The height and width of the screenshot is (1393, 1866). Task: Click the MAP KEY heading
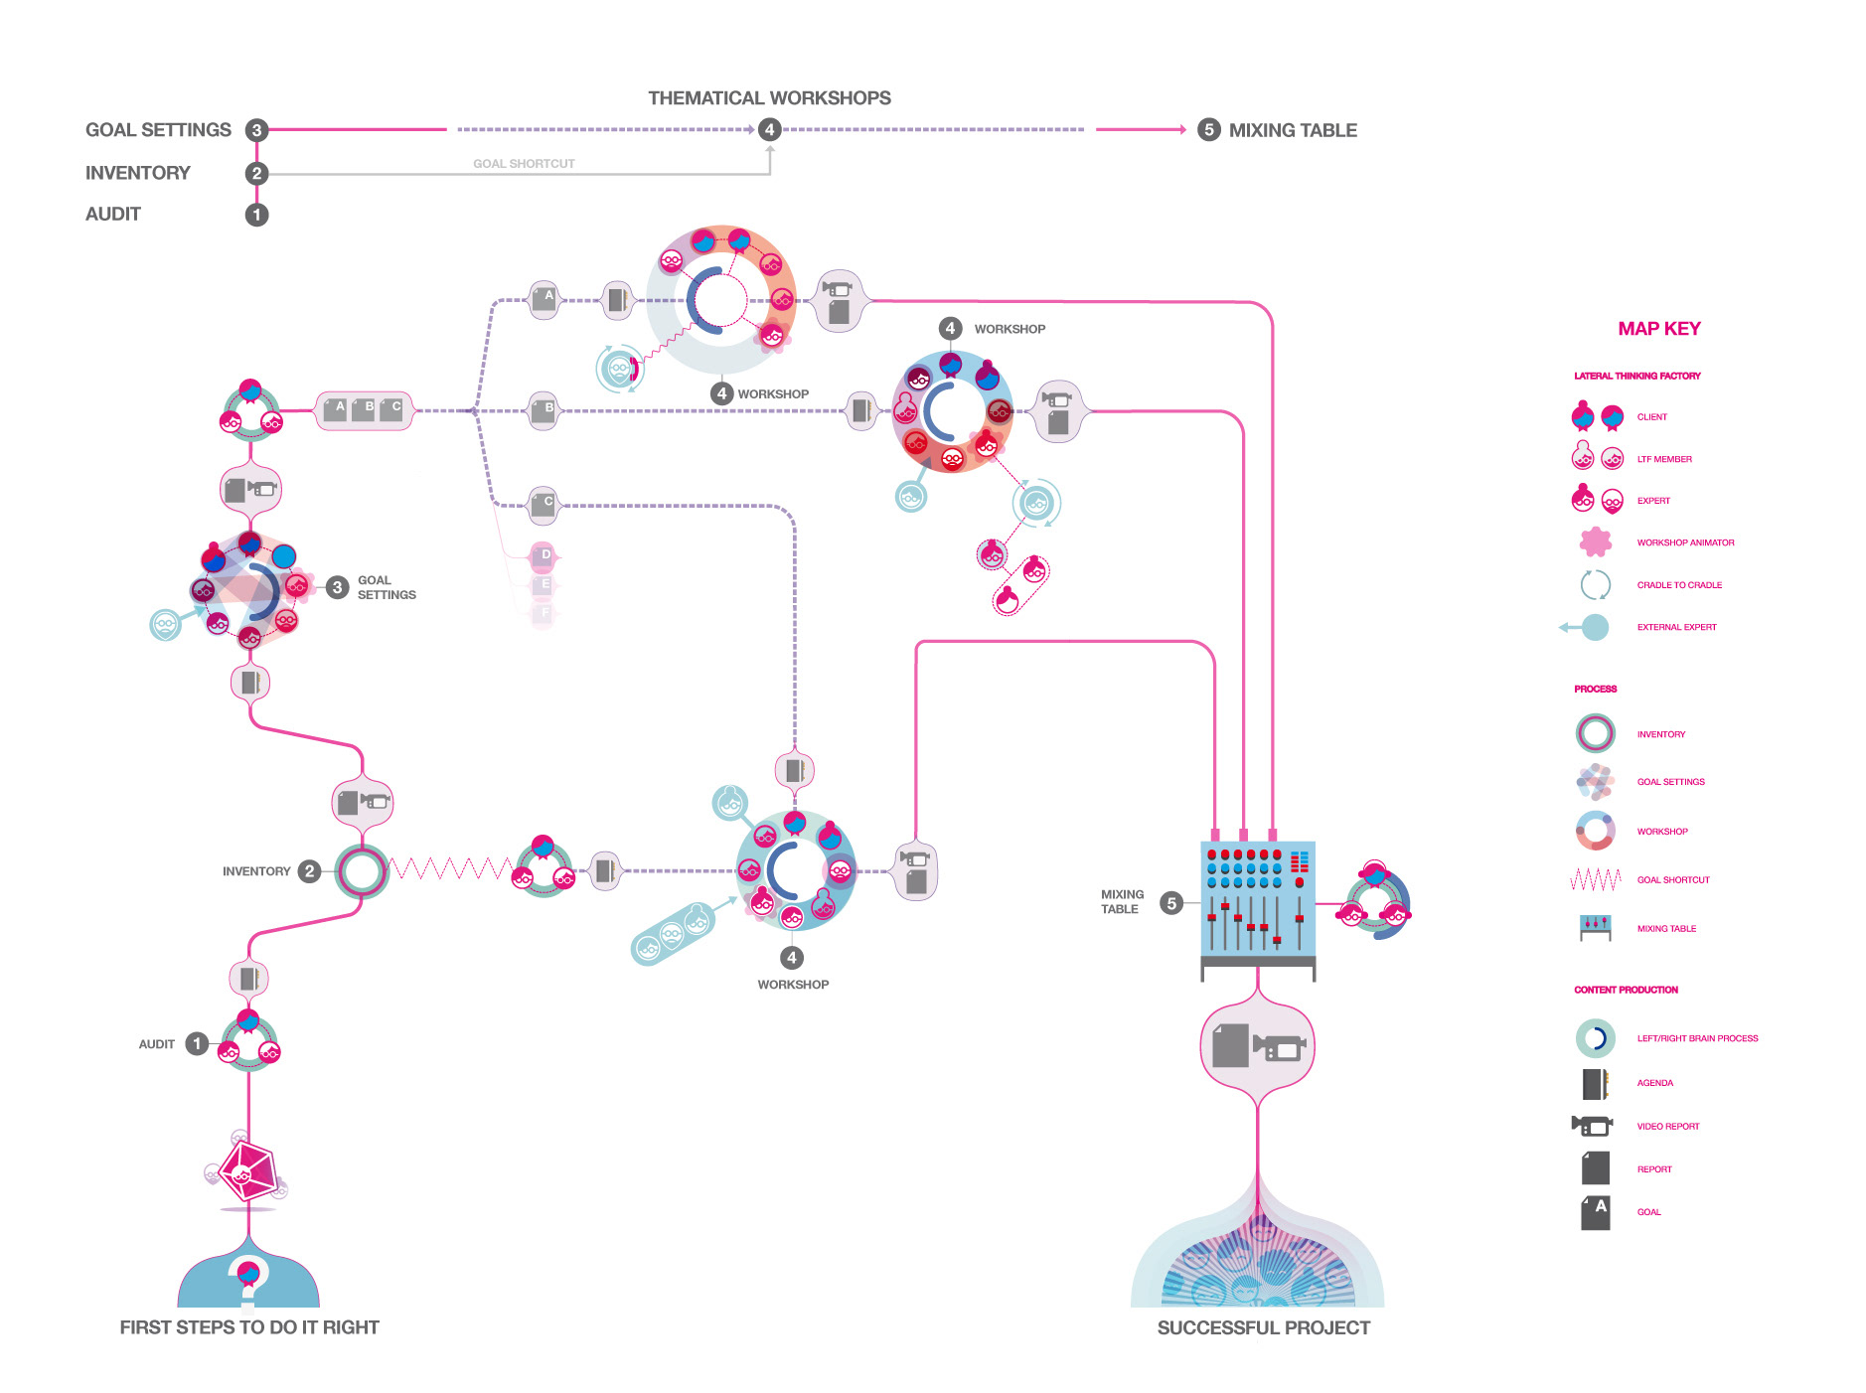[1658, 329]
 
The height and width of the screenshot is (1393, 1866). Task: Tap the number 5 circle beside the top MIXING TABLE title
[1208, 130]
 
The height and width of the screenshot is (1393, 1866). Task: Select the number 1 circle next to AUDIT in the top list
[256, 215]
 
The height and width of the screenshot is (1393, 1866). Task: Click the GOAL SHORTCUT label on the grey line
[524, 164]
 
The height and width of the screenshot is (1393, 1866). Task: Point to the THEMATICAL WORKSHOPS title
[769, 98]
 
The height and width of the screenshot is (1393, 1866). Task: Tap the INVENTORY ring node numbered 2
[361, 871]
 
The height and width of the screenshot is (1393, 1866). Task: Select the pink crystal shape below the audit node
[248, 1171]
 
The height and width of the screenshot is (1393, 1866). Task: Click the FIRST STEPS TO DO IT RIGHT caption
[249, 1327]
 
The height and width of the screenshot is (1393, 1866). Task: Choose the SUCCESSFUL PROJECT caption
[1263, 1328]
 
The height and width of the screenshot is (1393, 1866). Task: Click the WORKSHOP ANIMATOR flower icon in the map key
[1595, 542]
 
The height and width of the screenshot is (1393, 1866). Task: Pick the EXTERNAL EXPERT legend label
[1676, 627]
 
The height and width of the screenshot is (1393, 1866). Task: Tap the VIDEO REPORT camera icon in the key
[1592, 1126]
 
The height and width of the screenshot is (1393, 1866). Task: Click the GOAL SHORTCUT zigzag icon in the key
[1595, 879]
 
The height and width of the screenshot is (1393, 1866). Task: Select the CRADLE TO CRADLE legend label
[1679, 585]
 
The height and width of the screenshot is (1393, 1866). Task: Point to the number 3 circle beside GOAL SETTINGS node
[337, 587]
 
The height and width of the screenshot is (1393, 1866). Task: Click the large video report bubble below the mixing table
[1257, 1047]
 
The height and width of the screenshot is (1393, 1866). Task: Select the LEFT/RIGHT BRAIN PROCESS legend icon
[1595, 1038]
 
